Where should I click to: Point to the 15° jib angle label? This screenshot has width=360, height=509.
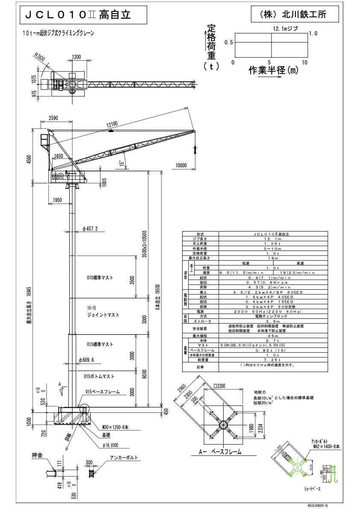(x=122, y=163)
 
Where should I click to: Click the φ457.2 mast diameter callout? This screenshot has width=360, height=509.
(x=90, y=229)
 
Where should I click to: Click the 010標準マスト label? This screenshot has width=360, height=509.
(x=100, y=278)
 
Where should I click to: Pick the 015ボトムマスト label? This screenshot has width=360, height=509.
(x=100, y=376)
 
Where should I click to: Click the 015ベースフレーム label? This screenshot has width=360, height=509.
(x=103, y=391)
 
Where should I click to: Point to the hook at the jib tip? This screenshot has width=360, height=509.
(x=194, y=149)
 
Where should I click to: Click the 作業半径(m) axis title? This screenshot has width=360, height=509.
(x=274, y=70)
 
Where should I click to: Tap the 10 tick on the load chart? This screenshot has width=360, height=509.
(x=305, y=62)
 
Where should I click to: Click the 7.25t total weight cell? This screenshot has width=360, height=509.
(x=272, y=360)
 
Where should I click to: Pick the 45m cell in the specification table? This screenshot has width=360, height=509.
(x=272, y=336)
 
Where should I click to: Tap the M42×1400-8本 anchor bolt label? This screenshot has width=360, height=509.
(x=325, y=446)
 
